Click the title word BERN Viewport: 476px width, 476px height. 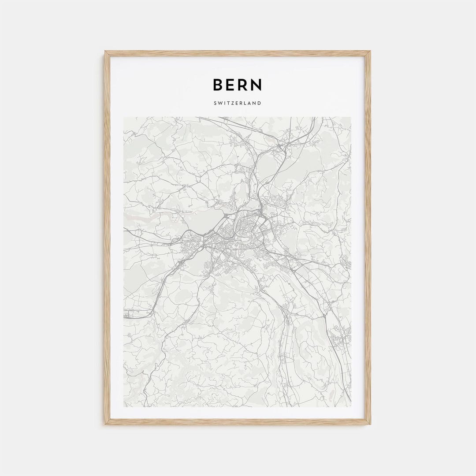pyautogui.click(x=237, y=85)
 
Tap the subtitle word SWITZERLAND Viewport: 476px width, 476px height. pyautogui.click(x=237, y=103)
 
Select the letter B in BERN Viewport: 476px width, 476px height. pyautogui.click(x=218, y=85)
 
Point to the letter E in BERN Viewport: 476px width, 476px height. pyautogui.click(x=231, y=85)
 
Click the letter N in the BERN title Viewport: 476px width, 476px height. pyautogui.click(x=257, y=85)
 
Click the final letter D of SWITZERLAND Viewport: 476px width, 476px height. pyautogui.click(x=260, y=103)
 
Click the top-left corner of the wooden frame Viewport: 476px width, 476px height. pyautogui.click(x=105, y=52)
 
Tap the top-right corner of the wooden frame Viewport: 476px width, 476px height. pyautogui.click(x=370, y=52)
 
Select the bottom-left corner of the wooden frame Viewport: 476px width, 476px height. pyautogui.click(x=105, y=424)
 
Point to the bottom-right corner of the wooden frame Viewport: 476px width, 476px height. pyautogui.click(x=370, y=424)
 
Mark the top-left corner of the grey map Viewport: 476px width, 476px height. pyautogui.click(x=124, y=117)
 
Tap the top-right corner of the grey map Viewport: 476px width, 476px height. pyautogui.click(x=351, y=117)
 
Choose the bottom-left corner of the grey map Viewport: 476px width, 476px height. pyautogui.click(x=124, y=406)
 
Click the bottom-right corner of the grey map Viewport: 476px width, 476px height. pyautogui.click(x=351, y=406)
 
